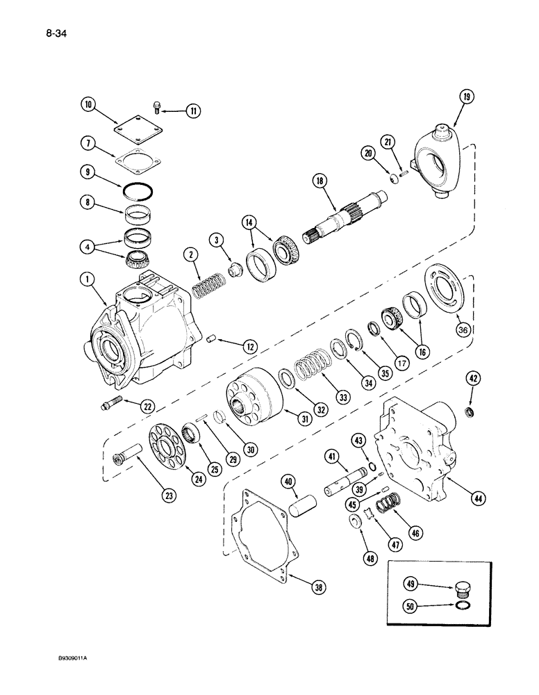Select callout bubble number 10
click(x=88, y=106)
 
